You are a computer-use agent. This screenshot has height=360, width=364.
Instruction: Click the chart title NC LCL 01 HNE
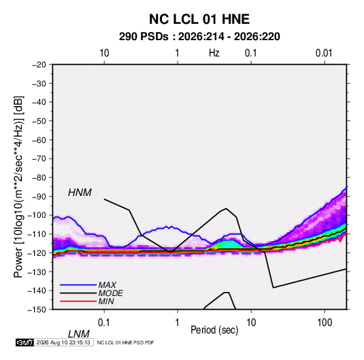pyautogui.click(x=199, y=19)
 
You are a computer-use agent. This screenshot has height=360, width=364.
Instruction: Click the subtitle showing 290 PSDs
pyautogui.click(x=199, y=37)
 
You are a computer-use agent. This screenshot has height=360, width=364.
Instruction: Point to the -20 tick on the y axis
pyautogui.click(x=39, y=65)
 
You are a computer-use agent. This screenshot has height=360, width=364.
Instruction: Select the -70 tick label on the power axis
pyautogui.click(x=39, y=159)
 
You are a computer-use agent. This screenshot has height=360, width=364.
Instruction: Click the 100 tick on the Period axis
pyautogui.click(x=325, y=323)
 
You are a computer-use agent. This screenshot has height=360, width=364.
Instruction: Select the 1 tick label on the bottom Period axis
pyautogui.click(x=178, y=323)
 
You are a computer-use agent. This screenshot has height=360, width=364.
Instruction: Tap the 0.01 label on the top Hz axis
pyautogui.click(x=324, y=53)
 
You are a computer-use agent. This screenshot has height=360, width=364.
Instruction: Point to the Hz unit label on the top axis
pyautogui.click(x=214, y=53)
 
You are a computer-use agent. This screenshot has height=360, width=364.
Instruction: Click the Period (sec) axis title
pyautogui.click(x=214, y=330)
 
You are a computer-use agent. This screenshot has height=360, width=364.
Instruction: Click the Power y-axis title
pyautogui.click(x=18, y=187)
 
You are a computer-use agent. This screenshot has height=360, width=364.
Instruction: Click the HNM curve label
pyautogui.click(x=80, y=193)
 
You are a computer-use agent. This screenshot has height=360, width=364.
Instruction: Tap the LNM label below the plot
pyautogui.click(x=78, y=334)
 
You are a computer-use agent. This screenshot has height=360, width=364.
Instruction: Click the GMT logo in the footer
pyautogui.click(x=24, y=342)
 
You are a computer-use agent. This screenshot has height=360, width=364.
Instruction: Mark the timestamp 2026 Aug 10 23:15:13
pyautogui.click(x=63, y=342)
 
